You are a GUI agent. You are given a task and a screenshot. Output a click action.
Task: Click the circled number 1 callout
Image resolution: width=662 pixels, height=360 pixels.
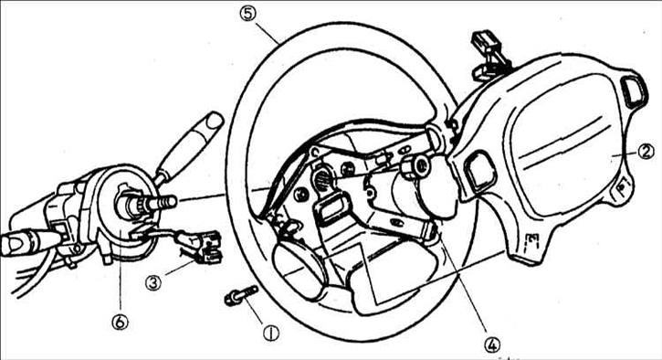[270, 334]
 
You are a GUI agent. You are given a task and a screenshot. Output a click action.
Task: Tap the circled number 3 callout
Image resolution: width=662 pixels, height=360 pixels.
[153, 281]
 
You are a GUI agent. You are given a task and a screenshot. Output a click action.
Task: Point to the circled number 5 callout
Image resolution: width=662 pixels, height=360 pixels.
[248, 14]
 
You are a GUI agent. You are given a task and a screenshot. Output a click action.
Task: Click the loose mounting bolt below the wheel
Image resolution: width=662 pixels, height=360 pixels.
[241, 295]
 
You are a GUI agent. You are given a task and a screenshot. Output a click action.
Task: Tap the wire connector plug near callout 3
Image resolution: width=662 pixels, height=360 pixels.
[207, 248]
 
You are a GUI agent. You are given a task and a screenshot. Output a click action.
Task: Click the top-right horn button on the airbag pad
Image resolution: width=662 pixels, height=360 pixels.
[634, 91]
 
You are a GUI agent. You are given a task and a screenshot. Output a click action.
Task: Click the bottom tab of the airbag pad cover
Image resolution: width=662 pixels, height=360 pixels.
[528, 249]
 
